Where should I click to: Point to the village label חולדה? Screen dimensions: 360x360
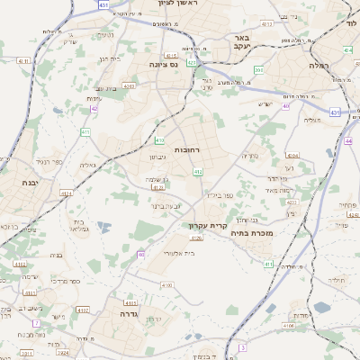click(x=337, y=280)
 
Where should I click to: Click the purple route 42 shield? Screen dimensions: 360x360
click(x=94, y=110)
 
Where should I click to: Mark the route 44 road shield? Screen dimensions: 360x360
click(x=348, y=140)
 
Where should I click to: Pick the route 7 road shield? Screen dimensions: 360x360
click(x=36, y=323)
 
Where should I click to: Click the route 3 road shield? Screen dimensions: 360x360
click(x=242, y=346)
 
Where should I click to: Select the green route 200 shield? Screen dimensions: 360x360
click(x=258, y=69)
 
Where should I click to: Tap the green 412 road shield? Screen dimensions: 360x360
click(x=197, y=171)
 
